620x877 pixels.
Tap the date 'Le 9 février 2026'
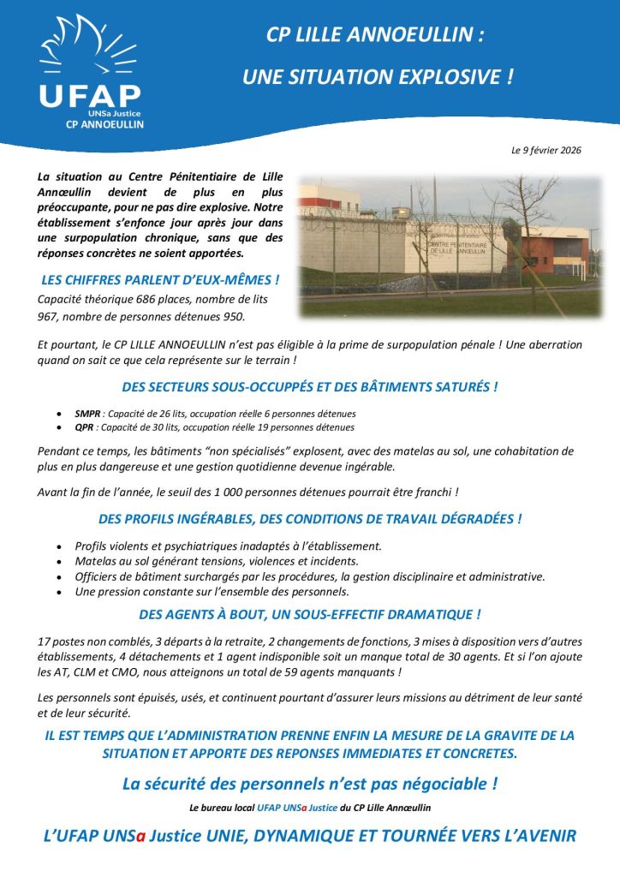(x=546, y=151)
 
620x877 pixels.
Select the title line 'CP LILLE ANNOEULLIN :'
(x=375, y=35)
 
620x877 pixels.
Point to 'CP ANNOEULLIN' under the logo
(x=104, y=124)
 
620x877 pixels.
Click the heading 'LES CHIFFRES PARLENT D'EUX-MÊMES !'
(x=159, y=280)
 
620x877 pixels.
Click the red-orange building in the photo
(x=551, y=248)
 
